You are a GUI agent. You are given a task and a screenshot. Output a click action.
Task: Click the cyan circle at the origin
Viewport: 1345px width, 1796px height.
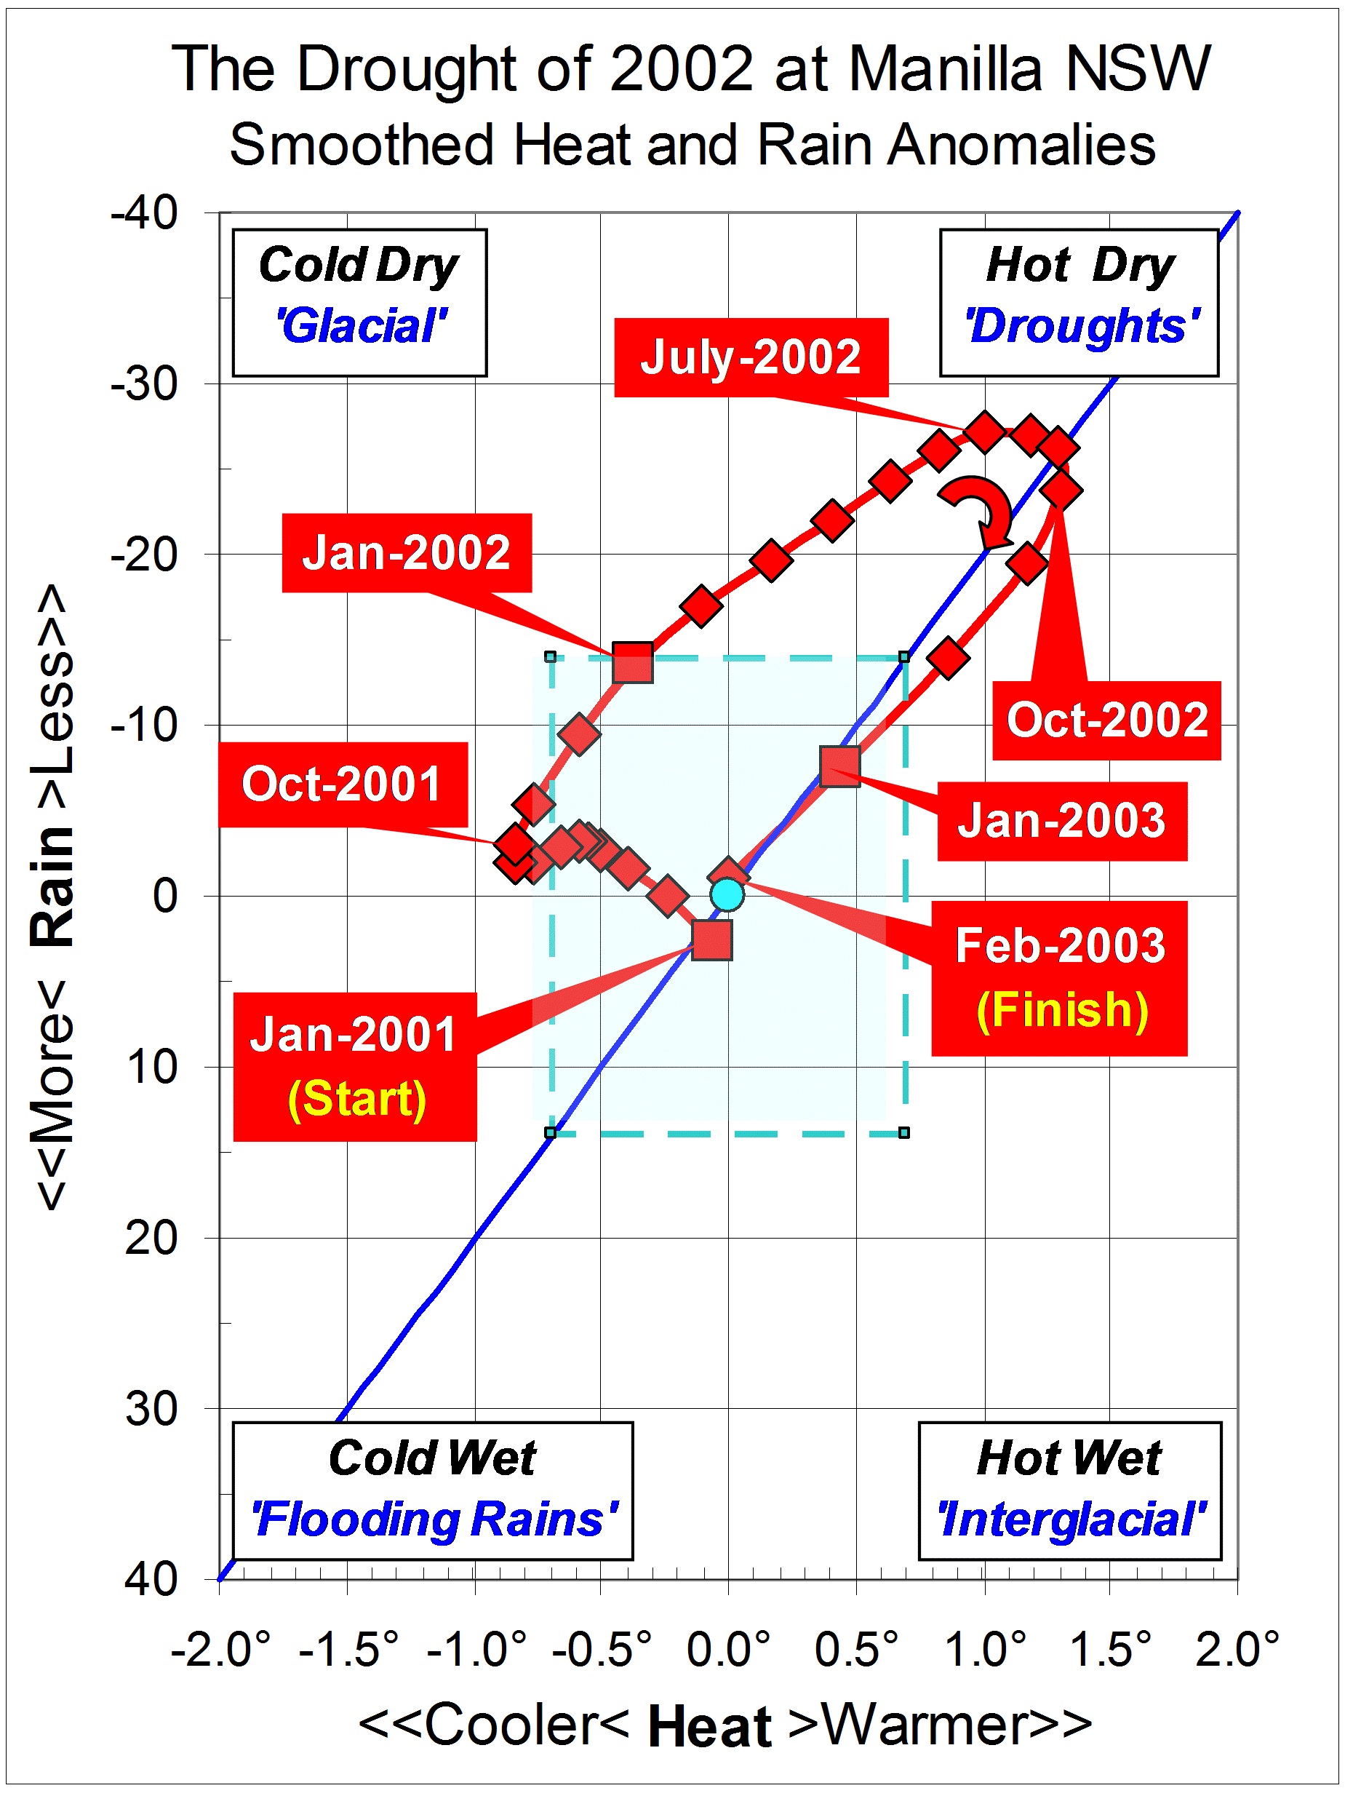point(727,894)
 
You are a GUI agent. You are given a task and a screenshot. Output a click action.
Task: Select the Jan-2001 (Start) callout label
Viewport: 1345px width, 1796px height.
point(355,1066)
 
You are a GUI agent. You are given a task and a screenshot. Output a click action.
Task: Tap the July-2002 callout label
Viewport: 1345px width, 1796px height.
point(751,357)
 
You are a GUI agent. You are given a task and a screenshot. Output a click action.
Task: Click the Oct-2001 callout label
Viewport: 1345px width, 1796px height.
point(343,784)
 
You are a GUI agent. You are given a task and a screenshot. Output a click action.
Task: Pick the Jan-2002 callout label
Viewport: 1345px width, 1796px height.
point(407,552)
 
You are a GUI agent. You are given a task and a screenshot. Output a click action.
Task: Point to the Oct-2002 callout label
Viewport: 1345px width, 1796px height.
point(1106,720)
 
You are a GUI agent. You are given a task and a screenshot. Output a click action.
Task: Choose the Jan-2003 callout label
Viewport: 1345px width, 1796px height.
point(1062,821)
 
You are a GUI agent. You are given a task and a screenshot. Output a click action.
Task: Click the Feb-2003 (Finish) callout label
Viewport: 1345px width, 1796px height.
point(1059,977)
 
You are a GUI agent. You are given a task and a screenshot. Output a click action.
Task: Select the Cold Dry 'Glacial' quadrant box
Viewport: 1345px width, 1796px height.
point(359,302)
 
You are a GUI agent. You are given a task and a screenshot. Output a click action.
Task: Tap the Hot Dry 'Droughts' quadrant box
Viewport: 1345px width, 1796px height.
point(1079,302)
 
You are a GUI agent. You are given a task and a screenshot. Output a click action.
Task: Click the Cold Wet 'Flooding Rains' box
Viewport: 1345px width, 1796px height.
point(433,1490)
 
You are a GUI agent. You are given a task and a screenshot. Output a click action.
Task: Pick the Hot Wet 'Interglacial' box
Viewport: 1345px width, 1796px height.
point(1069,1490)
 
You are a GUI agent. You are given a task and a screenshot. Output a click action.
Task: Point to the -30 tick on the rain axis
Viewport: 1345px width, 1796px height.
point(145,384)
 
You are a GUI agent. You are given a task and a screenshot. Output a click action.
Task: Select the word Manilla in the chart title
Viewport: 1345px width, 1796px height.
point(945,70)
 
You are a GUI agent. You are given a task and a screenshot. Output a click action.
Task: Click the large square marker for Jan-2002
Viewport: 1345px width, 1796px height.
point(632,661)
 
